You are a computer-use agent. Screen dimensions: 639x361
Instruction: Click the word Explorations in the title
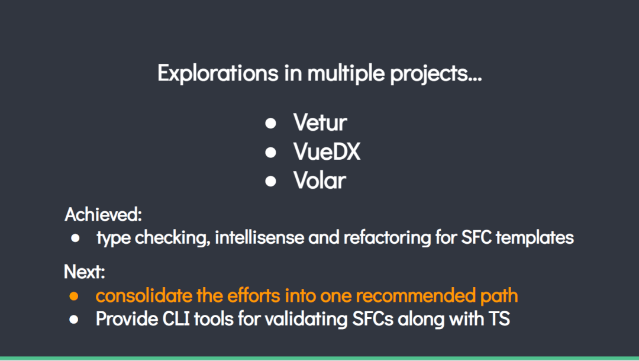pyautogui.click(x=218, y=73)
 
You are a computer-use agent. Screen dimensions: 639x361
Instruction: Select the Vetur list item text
pyautogui.click(x=320, y=123)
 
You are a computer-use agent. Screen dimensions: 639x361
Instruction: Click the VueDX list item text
pyautogui.click(x=327, y=152)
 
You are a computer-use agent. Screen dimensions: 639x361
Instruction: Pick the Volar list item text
pyautogui.click(x=320, y=180)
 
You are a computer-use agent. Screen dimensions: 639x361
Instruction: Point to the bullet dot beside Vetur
pyautogui.click(x=270, y=123)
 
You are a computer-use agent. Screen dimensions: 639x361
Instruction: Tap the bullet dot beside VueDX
pyautogui.click(x=270, y=152)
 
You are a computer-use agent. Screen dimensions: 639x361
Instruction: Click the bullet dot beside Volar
pyautogui.click(x=270, y=181)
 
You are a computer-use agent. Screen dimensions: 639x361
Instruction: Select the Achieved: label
pyautogui.click(x=103, y=214)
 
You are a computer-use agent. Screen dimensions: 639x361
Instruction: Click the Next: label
pyautogui.click(x=85, y=272)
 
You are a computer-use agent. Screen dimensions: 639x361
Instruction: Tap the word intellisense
pyautogui.click(x=260, y=237)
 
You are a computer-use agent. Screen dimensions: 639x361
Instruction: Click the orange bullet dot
pyautogui.click(x=74, y=296)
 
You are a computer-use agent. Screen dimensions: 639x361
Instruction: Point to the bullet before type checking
pyautogui.click(x=75, y=238)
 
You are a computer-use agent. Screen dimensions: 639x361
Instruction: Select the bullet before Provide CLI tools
pyautogui.click(x=74, y=320)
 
